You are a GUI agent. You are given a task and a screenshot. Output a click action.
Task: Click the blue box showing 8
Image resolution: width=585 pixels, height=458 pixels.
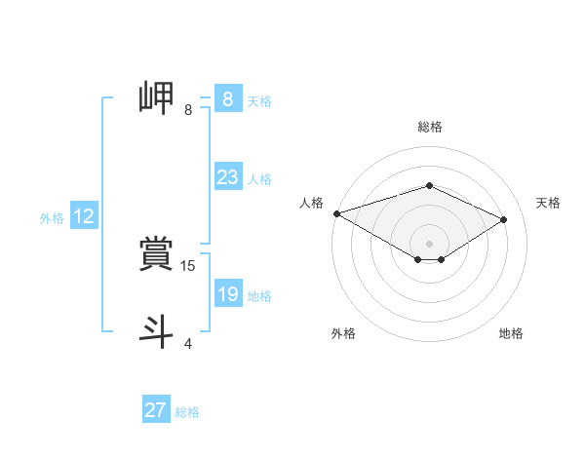[227, 98]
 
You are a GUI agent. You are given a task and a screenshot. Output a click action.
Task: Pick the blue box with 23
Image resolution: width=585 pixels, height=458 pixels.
[227, 177]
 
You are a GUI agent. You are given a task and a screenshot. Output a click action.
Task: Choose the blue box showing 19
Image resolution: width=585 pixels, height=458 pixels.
[227, 294]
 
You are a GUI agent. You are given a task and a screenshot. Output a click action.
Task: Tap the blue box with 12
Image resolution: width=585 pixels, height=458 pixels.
[83, 216]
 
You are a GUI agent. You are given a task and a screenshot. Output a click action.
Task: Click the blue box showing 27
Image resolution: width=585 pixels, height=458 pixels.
[156, 410]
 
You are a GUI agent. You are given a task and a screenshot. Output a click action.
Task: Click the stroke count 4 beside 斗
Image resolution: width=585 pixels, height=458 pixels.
[188, 343]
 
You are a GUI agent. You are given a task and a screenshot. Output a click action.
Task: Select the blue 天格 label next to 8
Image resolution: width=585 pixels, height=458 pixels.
[259, 100]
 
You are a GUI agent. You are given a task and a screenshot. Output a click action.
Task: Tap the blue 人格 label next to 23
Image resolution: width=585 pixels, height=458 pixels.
[259, 178]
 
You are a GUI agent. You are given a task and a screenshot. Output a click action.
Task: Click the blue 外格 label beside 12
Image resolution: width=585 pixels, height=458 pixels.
[52, 218]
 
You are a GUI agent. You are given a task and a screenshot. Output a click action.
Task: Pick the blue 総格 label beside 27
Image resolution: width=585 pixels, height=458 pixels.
[187, 412]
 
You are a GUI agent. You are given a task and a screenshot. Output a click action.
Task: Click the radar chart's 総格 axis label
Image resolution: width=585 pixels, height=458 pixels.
[429, 127]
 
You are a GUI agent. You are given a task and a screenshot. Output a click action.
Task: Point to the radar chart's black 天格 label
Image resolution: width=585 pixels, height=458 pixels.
[548, 203]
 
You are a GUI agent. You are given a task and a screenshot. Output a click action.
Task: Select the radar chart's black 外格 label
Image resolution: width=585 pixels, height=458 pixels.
[343, 333]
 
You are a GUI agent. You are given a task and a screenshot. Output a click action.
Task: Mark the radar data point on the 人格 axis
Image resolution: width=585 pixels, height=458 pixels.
[336, 213]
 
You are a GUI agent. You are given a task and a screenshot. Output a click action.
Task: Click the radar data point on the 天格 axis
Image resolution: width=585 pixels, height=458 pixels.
[504, 219]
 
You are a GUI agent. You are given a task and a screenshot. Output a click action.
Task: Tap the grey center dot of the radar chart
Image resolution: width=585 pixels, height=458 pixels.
[429, 243]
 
